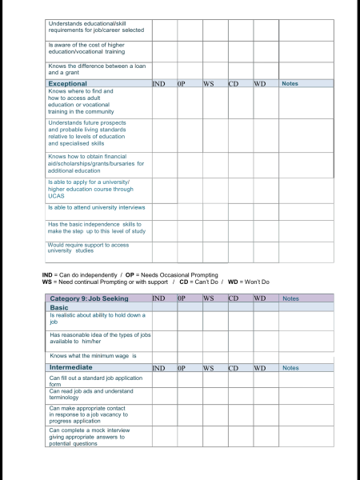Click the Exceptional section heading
[67, 83]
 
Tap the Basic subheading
[59, 307]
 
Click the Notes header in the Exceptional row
[290, 83]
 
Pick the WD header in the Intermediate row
[260, 368]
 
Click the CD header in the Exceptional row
[234, 83]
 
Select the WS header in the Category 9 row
[209, 298]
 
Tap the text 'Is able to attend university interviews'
[96, 207]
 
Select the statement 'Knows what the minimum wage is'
[93, 356]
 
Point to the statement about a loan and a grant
[88, 70]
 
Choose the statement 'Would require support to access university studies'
[87, 248]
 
